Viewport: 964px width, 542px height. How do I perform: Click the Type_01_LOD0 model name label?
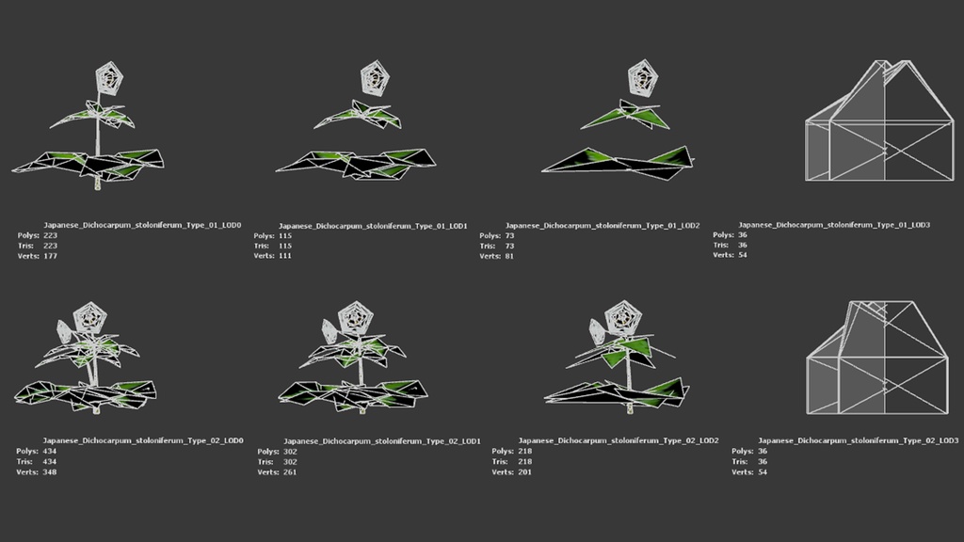coord(142,225)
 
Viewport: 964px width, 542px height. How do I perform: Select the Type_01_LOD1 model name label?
coord(373,226)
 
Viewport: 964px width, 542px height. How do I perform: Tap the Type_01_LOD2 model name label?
coord(602,226)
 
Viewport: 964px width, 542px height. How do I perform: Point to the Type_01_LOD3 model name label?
coord(834,225)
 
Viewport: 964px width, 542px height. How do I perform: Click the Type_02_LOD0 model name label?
coord(143,440)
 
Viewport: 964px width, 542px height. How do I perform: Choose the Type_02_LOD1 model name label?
coord(382,441)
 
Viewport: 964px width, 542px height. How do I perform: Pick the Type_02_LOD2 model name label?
coord(619,440)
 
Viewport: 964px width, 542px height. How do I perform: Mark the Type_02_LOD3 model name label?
coord(859,440)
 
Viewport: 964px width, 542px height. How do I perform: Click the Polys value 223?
coord(51,235)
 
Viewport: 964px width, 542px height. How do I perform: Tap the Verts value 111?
coord(284,256)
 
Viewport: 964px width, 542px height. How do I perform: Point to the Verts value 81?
coord(509,256)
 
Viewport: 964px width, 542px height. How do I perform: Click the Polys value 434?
coord(49,451)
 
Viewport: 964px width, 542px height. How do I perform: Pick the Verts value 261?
coord(290,472)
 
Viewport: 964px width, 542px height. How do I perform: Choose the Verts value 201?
coord(524,472)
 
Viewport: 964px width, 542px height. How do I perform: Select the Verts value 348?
coord(49,472)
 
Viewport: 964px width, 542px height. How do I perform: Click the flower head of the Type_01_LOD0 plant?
coord(109,78)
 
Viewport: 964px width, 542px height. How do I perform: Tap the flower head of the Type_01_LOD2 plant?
coord(642,79)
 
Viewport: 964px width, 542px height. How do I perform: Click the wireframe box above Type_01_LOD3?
coord(879,120)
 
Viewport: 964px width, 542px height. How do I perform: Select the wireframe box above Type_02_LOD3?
coord(877,357)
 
